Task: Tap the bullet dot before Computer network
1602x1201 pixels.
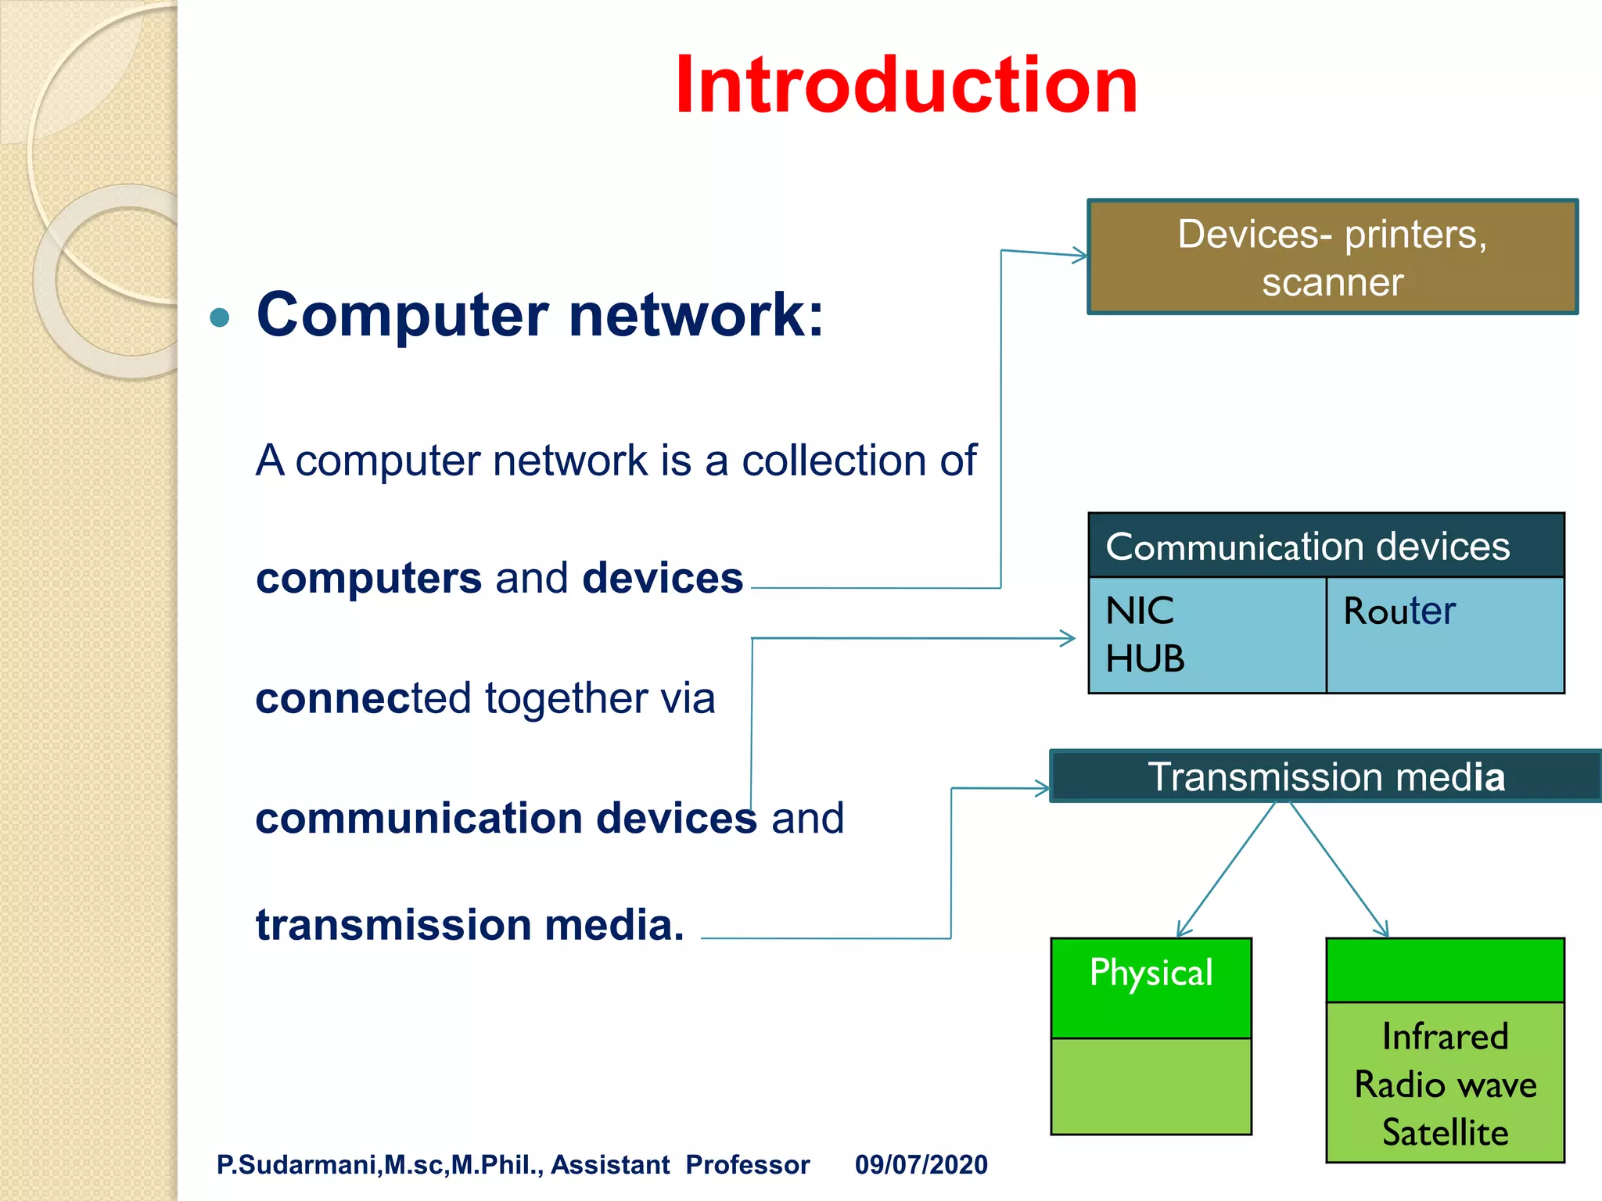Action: [221, 317]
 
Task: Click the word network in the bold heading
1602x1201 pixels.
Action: [696, 315]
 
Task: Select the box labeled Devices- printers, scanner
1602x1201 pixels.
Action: [1332, 257]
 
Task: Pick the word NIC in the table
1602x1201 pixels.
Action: [1140, 611]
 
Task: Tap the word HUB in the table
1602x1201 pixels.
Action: [1145, 659]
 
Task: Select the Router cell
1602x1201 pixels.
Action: [1400, 611]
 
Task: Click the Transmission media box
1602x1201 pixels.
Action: [1326, 776]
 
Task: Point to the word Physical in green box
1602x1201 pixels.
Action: [1151, 973]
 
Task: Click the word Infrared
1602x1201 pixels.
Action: [1445, 1037]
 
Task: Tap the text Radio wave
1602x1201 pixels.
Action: [1446, 1085]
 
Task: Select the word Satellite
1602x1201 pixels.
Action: [1446, 1132]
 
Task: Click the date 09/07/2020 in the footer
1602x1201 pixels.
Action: [921, 1164]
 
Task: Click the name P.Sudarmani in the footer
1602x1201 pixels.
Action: [297, 1164]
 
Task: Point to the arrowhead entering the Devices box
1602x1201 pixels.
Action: [1081, 255]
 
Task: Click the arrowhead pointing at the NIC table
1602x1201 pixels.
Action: [1069, 639]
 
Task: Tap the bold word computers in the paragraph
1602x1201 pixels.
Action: [368, 579]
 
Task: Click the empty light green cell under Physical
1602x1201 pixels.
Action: [1151, 1086]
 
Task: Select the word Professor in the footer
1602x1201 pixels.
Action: [747, 1164]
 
